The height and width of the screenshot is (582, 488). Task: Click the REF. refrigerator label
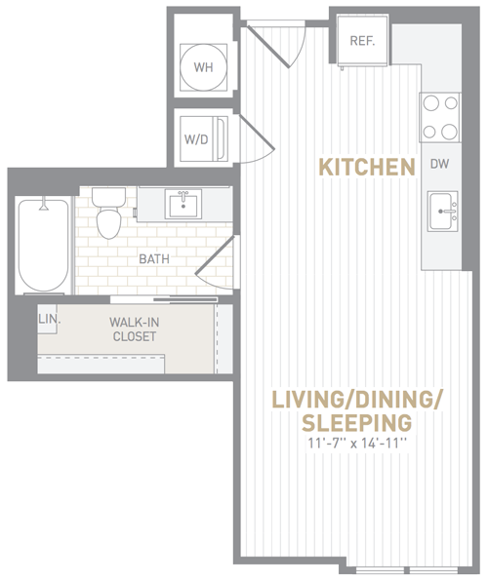click(362, 41)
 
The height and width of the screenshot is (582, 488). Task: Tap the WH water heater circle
click(203, 67)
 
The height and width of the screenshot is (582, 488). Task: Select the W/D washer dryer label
click(196, 139)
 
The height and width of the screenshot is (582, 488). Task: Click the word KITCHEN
click(367, 167)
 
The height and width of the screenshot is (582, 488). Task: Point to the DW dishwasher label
click(439, 164)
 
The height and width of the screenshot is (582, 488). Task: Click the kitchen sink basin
click(440, 211)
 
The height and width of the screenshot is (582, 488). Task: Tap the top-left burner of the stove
click(431, 102)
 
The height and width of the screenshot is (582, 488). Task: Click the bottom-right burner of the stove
click(449, 132)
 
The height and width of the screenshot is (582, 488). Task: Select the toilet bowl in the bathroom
click(109, 224)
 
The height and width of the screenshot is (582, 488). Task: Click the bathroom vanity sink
click(183, 205)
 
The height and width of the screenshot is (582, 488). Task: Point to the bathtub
click(44, 246)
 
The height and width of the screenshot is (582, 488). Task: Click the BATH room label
click(154, 258)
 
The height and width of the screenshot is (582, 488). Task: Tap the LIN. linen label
click(50, 319)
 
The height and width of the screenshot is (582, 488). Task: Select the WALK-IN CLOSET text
click(134, 330)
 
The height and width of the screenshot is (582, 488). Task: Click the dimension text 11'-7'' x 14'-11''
click(357, 444)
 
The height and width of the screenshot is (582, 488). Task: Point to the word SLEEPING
click(357, 422)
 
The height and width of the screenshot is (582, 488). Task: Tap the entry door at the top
click(277, 45)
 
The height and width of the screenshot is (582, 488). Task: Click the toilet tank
click(108, 198)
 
